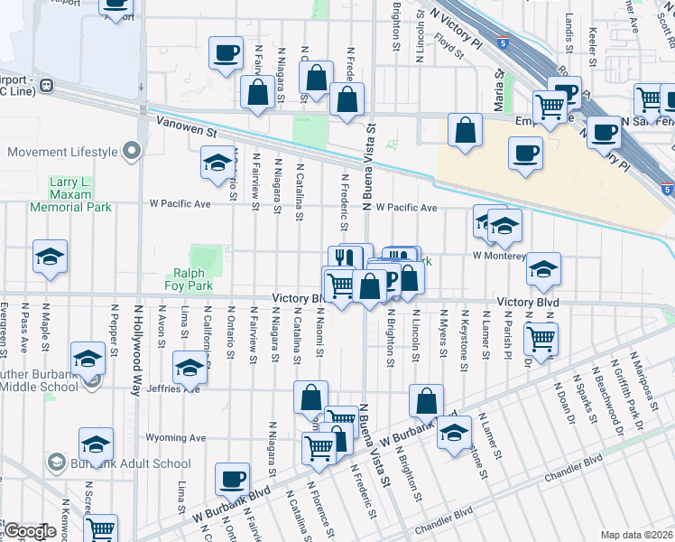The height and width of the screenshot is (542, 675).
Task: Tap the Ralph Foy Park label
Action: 189,279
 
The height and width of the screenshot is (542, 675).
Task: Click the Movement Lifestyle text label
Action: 63,152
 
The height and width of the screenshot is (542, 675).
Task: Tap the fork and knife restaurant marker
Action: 344,258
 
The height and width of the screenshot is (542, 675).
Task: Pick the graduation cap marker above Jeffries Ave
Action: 190,368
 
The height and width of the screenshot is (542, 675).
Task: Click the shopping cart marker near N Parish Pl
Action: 541,340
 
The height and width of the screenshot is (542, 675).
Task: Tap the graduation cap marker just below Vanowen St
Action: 217,163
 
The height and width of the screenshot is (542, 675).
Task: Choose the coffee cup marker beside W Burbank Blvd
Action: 232,479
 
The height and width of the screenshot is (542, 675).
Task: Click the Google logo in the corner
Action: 30,531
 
